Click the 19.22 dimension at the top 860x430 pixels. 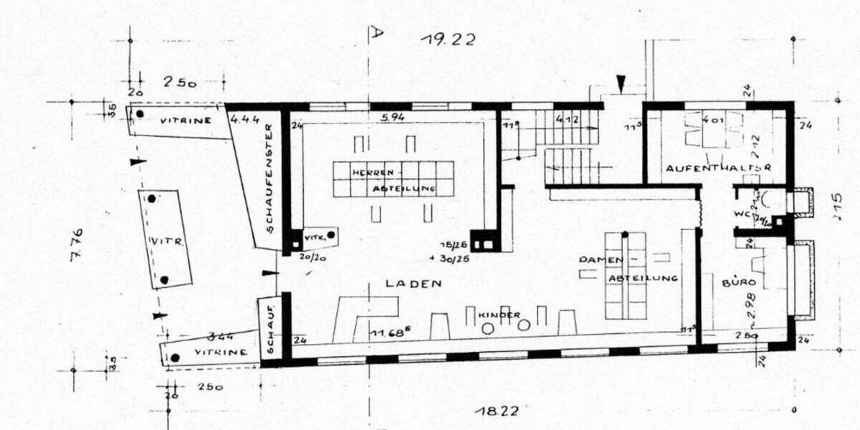(x=448, y=39)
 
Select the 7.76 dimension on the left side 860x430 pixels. (x=76, y=244)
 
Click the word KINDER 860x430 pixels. (x=499, y=315)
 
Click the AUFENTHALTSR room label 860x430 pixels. (x=717, y=168)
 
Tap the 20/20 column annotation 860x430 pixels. (x=310, y=254)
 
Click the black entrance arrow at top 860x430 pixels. (x=621, y=85)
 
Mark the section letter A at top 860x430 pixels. (x=377, y=32)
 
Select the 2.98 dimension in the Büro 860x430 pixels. (x=751, y=307)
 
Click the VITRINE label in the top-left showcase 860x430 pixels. (x=185, y=121)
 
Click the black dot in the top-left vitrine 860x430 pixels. (x=140, y=114)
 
